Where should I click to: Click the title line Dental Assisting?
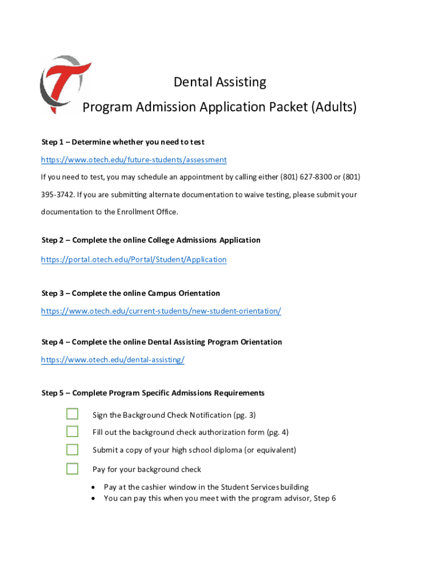pos(219,82)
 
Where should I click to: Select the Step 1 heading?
pos(123,142)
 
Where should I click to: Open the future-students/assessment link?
pos(134,160)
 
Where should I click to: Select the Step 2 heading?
pos(151,240)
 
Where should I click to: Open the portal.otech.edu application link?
pos(134,259)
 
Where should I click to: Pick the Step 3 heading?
pos(131,293)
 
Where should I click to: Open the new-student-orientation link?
pos(161,311)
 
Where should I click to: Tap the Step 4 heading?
pos(162,342)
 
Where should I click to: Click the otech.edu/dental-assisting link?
pos(113,360)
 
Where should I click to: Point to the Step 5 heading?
pos(153,393)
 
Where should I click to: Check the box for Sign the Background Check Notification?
pos(72,414)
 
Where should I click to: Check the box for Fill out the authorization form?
pos(72,431)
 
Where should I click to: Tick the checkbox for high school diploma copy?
pos(72,450)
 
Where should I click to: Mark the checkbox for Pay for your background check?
pos(72,469)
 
